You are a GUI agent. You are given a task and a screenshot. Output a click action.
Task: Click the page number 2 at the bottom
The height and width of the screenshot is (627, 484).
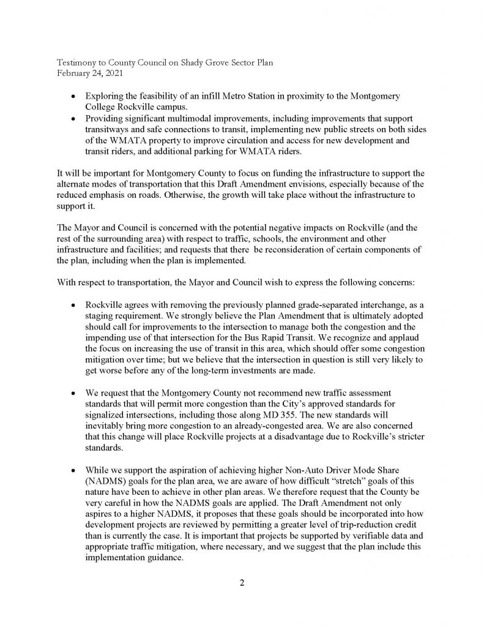click(x=242, y=582)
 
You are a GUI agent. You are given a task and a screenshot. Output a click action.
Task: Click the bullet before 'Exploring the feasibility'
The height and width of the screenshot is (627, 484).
click(x=74, y=97)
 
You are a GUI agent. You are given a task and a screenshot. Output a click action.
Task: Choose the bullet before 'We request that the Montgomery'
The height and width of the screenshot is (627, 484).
click(x=74, y=391)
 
